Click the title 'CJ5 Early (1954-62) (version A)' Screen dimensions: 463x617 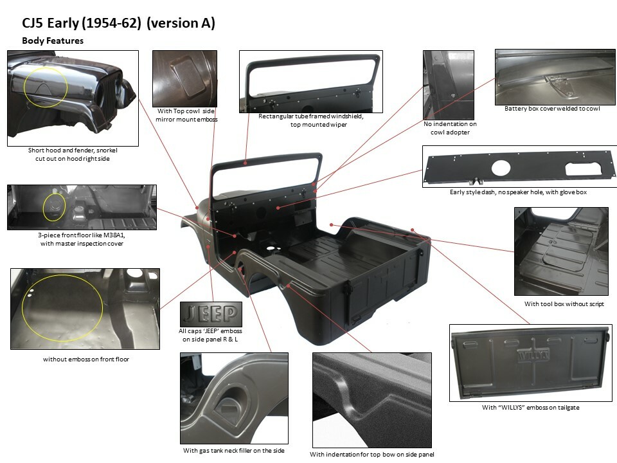(118, 24)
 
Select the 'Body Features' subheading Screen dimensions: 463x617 (53, 41)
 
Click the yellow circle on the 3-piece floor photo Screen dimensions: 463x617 (54, 207)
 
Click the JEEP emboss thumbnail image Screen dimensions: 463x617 (211, 314)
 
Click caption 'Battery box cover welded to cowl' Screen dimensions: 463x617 (552, 109)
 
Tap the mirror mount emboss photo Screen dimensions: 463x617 (184, 77)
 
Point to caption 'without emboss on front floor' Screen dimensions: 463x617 (86, 359)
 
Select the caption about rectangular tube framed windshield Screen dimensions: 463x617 (311, 120)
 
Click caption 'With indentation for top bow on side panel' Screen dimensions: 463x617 (371, 455)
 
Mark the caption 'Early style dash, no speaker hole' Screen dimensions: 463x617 (518, 192)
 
